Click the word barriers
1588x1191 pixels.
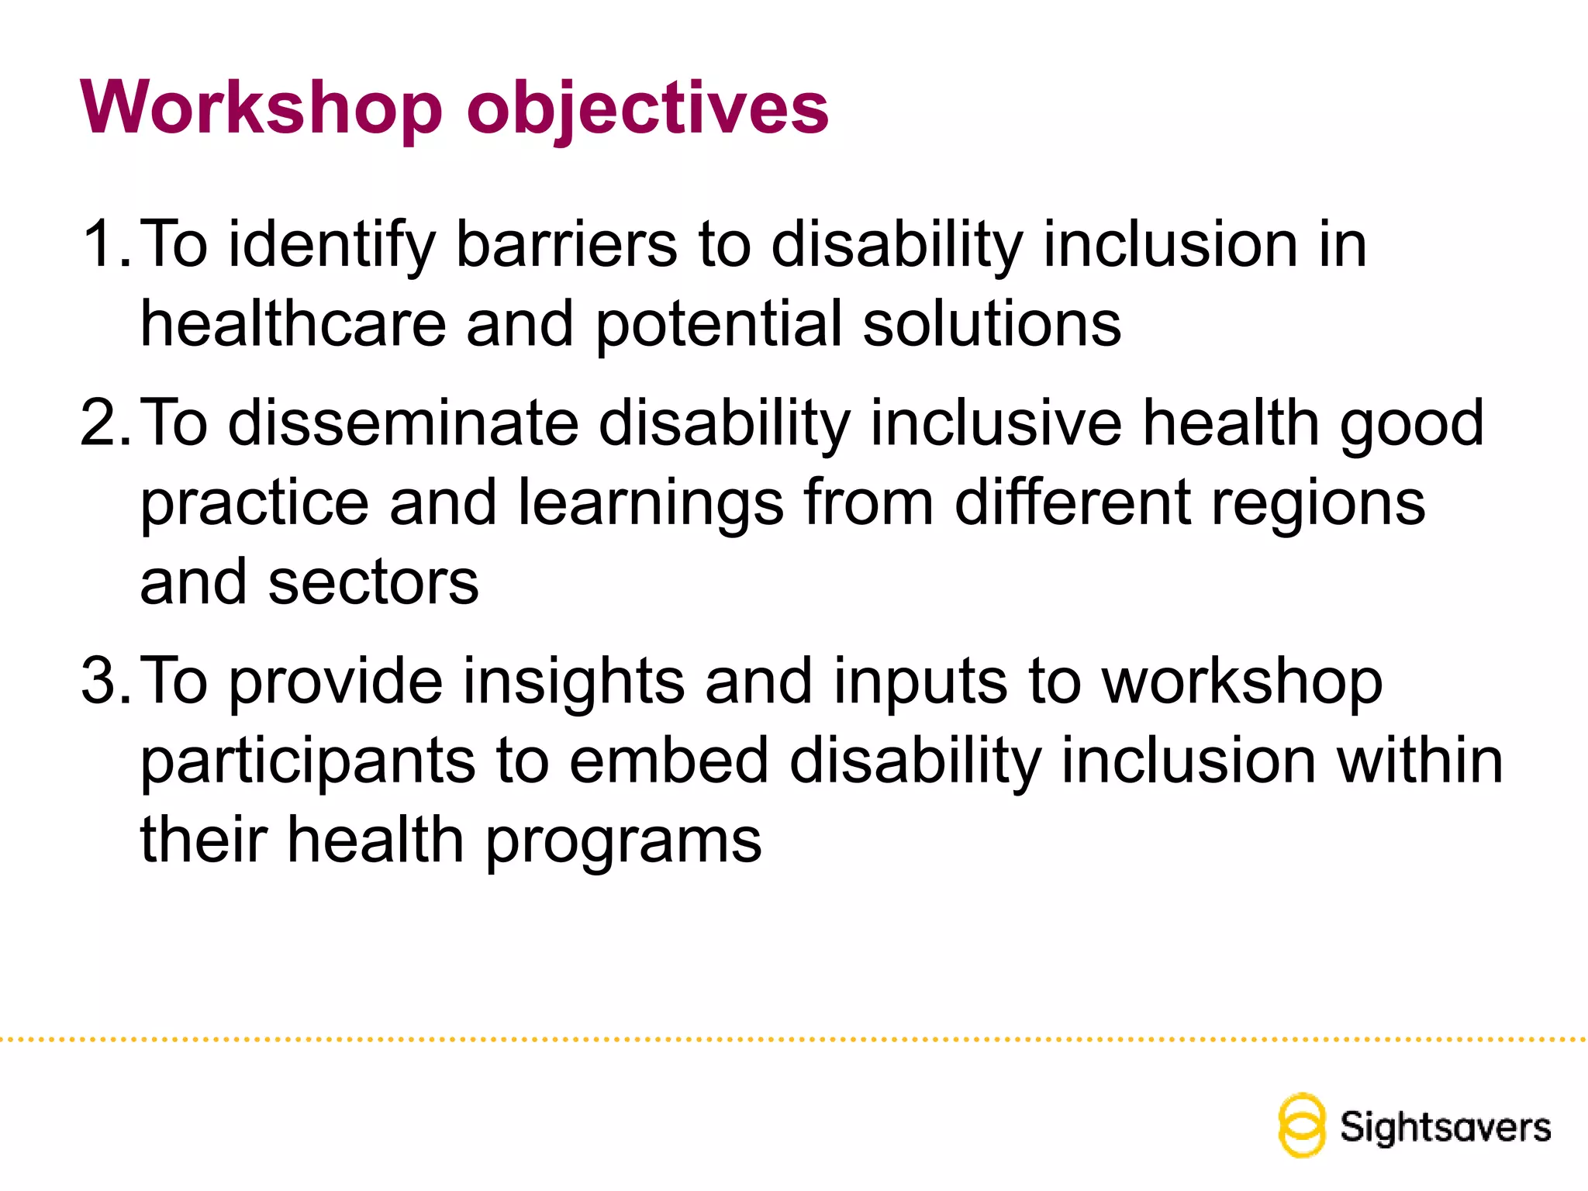click(566, 244)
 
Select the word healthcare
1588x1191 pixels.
click(293, 324)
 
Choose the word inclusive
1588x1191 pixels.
click(996, 423)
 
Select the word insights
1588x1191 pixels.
click(573, 681)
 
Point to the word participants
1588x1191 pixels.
click(307, 762)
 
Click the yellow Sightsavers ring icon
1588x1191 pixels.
click(1301, 1125)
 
